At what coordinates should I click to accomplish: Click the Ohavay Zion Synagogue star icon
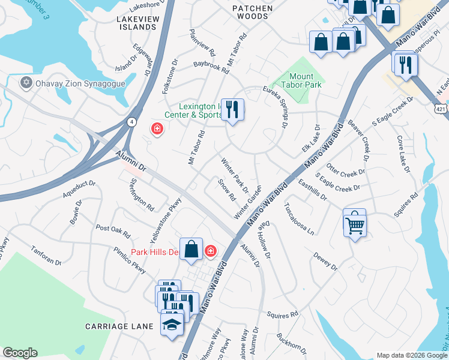pyautogui.click(x=26, y=83)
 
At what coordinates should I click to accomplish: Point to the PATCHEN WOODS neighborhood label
pyautogui.click(x=253, y=13)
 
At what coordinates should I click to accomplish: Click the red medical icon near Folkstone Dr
pyautogui.click(x=157, y=128)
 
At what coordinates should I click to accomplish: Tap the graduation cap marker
pyautogui.click(x=172, y=325)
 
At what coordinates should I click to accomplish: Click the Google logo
pyautogui.click(x=20, y=353)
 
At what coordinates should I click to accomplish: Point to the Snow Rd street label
pyautogui.click(x=226, y=190)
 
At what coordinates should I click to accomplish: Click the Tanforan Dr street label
pyautogui.click(x=46, y=257)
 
